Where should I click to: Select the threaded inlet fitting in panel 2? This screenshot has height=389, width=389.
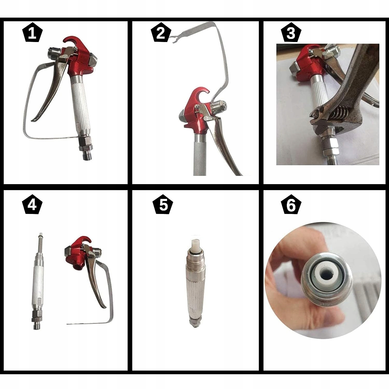[x=218, y=106]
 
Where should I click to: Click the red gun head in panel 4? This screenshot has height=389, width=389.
[x=78, y=253]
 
